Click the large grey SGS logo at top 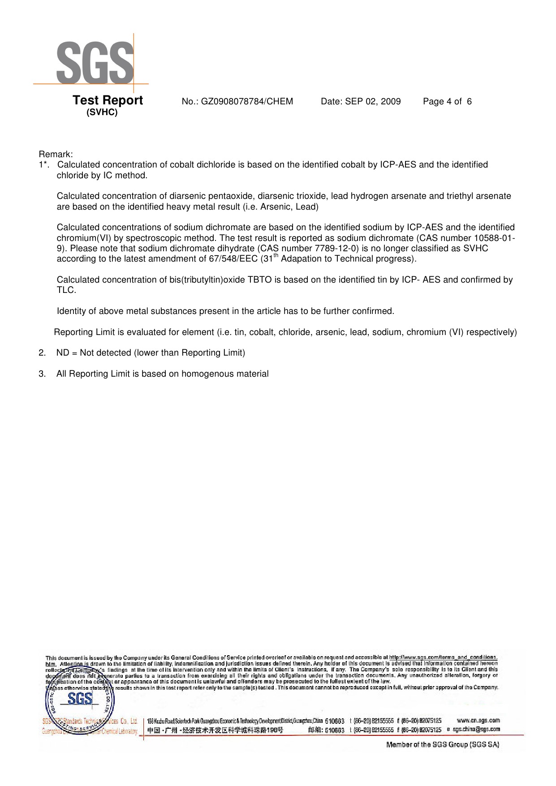click(95, 63)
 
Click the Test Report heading click(108, 100)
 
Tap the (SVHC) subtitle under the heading click(102, 112)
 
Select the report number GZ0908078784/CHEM click(247, 102)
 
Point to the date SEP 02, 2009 click(373, 102)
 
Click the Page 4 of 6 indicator click(447, 102)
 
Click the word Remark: click(56, 155)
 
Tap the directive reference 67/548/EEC click(233, 259)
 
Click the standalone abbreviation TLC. click(66, 290)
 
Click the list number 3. click(42, 374)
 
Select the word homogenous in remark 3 click(207, 374)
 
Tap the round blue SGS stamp click(80, 702)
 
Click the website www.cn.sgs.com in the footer click(478, 721)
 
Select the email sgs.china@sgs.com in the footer click(476, 730)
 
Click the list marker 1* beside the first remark click(43, 165)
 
